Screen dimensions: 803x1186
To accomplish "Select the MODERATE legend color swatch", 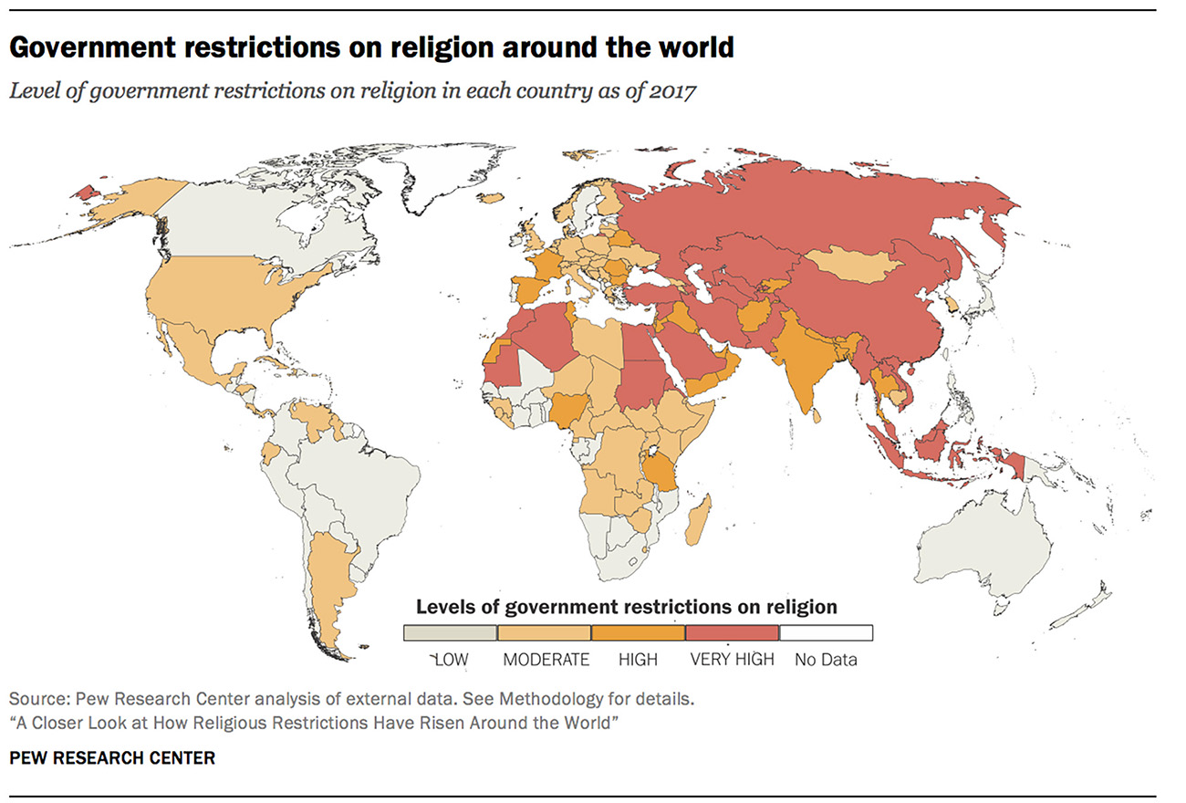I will tap(545, 632).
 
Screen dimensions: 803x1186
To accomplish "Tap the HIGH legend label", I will tap(638, 659).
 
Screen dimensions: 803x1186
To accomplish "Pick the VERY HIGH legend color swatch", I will tap(732, 632).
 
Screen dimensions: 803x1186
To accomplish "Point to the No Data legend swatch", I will tap(826, 632).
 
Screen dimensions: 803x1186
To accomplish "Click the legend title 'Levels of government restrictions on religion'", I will tap(627, 606).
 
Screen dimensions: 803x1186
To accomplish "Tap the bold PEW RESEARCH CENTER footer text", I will tap(112, 757).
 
